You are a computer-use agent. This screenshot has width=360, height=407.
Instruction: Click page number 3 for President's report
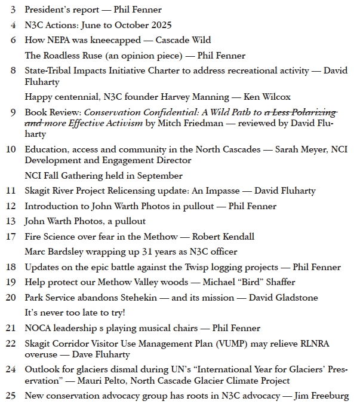[13, 10]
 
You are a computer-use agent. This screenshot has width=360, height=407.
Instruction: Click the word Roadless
[60, 56]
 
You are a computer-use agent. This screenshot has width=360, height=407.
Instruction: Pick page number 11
[11, 191]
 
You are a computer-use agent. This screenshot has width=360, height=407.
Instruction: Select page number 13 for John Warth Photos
[11, 221]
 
